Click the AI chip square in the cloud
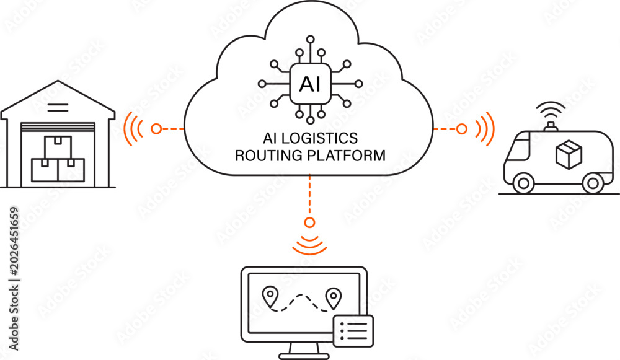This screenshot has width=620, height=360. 311,84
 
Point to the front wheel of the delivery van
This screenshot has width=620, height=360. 523,183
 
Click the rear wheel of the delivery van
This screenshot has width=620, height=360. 593,183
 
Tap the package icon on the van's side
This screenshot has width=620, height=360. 569,154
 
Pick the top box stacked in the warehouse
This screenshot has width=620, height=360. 58,147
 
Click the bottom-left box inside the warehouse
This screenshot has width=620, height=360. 45,170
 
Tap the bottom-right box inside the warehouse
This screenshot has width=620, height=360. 71,170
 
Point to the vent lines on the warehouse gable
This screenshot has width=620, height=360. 58,107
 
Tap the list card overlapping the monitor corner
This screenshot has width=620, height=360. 353,331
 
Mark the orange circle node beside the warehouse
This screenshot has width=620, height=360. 157,129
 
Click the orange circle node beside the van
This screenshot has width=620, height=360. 462,129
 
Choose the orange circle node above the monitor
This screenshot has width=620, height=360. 309,222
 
